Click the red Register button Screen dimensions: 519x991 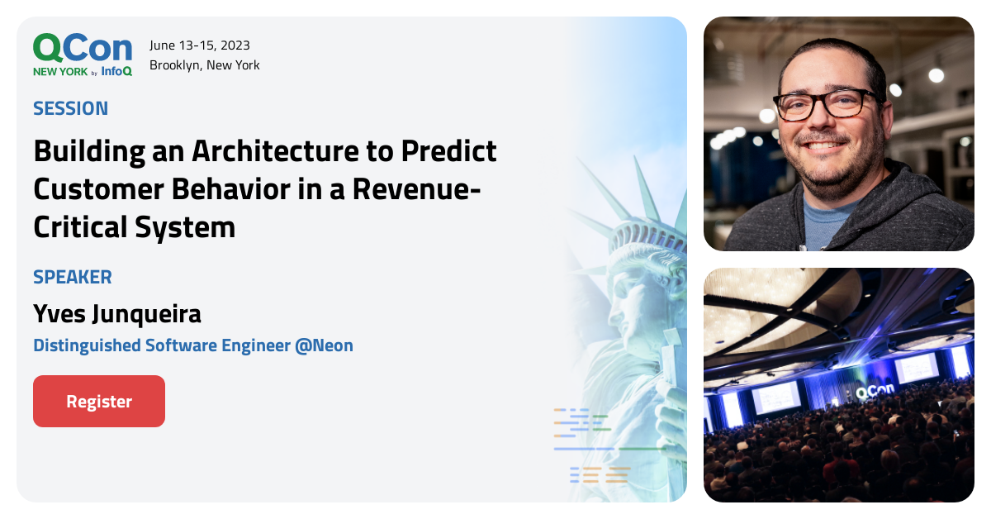pyautogui.click(x=99, y=402)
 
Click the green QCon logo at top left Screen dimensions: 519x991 pyautogui.click(x=82, y=49)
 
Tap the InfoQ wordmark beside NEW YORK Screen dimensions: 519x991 pyautogui.click(x=116, y=72)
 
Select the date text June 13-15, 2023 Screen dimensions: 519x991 pyautogui.click(x=200, y=45)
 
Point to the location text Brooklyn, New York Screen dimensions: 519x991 pyautogui.click(x=205, y=65)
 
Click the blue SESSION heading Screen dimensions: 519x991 pyautogui.click(x=70, y=108)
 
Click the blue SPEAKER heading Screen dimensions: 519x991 pyautogui.click(x=73, y=277)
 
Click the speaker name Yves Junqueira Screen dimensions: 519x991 pyautogui.click(x=117, y=314)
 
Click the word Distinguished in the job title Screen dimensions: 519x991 pyautogui.click(x=87, y=345)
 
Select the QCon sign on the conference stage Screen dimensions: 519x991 pyautogui.click(x=873, y=393)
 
